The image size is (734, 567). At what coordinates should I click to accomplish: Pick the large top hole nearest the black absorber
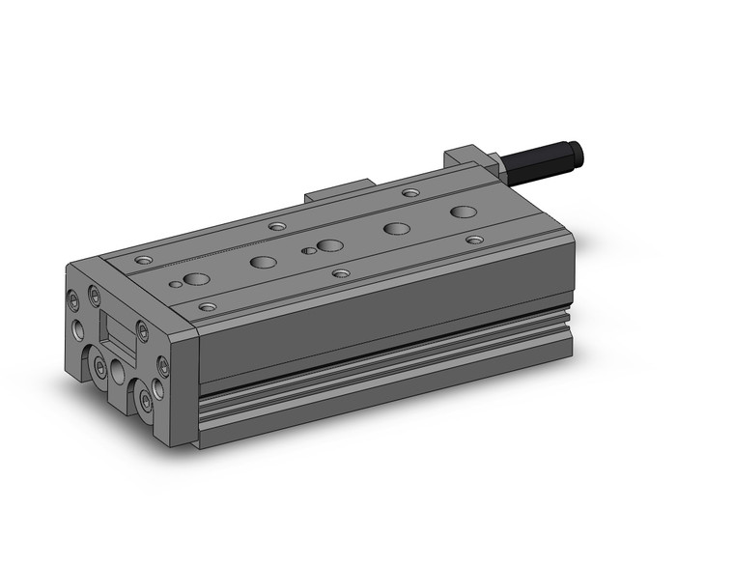(x=463, y=211)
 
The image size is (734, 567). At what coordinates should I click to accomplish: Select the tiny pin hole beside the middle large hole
(x=308, y=250)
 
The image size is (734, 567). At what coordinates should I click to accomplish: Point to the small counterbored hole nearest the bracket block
(x=410, y=192)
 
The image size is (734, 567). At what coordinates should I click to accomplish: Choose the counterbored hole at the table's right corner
(x=473, y=239)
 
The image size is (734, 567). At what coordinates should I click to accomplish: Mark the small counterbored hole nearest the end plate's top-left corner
(x=145, y=260)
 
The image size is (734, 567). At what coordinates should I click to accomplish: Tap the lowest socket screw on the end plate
(x=145, y=400)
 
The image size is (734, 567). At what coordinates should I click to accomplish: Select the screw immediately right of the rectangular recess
(x=142, y=331)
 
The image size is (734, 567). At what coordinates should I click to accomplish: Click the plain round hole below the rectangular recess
(x=119, y=371)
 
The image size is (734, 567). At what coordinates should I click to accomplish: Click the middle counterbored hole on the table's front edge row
(x=340, y=273)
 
